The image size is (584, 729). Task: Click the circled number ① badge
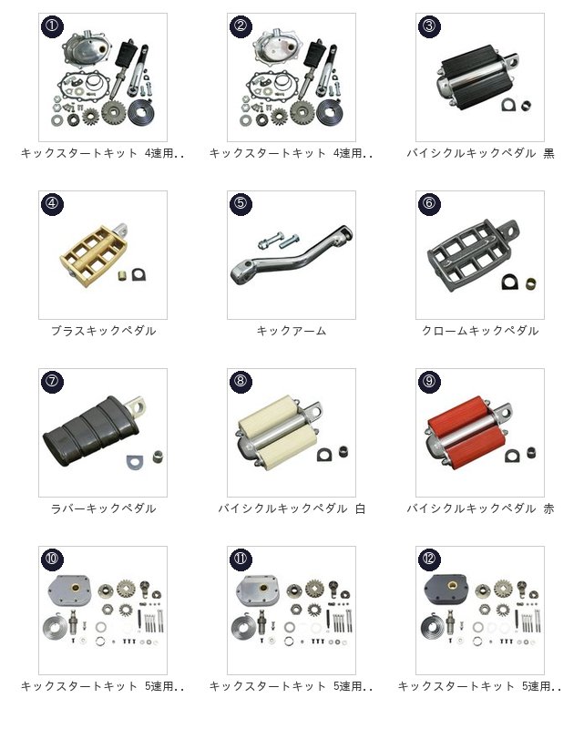pyautogui.click(x=52, y=26)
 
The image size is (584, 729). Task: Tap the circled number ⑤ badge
pyautogui.click(x=241, y=203)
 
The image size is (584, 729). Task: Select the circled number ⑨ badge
pyautogui.click(x=429, y=382)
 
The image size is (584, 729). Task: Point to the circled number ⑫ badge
pyautogui.click(x=429, y=560)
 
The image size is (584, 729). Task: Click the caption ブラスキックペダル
pyautogui.click(x=103, y=331)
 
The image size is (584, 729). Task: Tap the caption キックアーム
pyautogui.click(x=292, y=331)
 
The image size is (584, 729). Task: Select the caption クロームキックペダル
pyautogui.click(x=480, y=331)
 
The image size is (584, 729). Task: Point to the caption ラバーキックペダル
pyautogui.click(x=103, y=508)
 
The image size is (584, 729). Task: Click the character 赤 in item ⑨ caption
pyautogui.click(x=548, y=508)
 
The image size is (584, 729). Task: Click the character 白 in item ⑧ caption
pyautogui.click(x=361, y=508)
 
